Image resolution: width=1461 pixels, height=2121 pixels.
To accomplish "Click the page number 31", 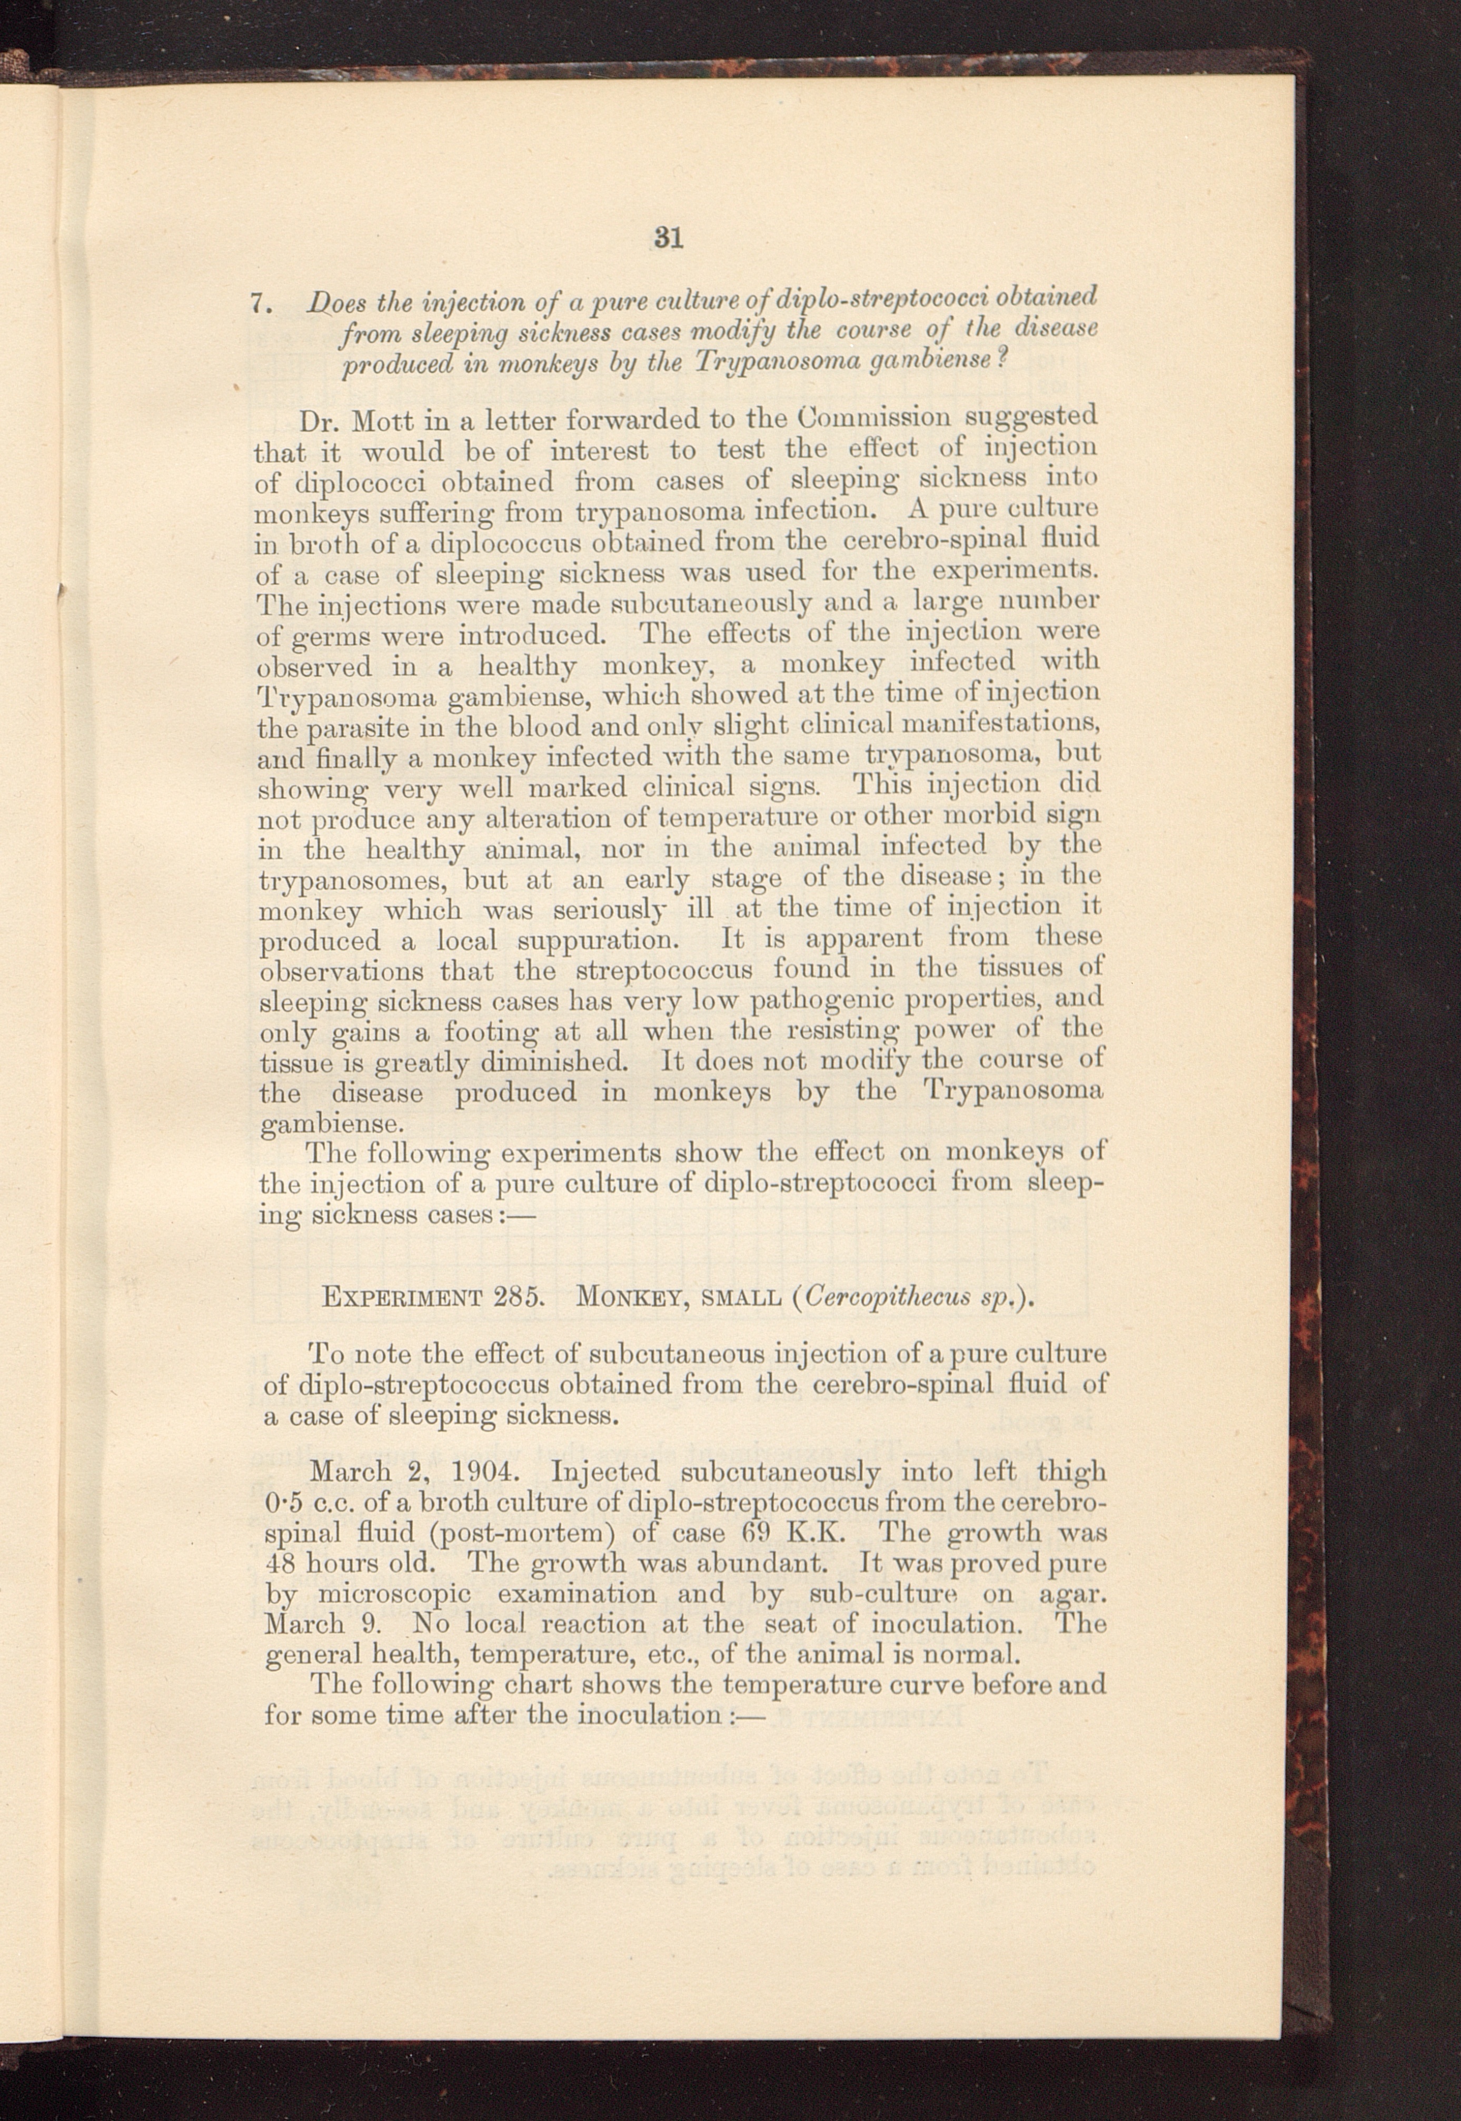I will [668, 238].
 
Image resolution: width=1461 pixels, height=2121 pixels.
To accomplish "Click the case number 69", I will [754, 1533].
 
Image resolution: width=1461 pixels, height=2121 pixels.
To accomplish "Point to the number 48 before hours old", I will [279, 1563].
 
